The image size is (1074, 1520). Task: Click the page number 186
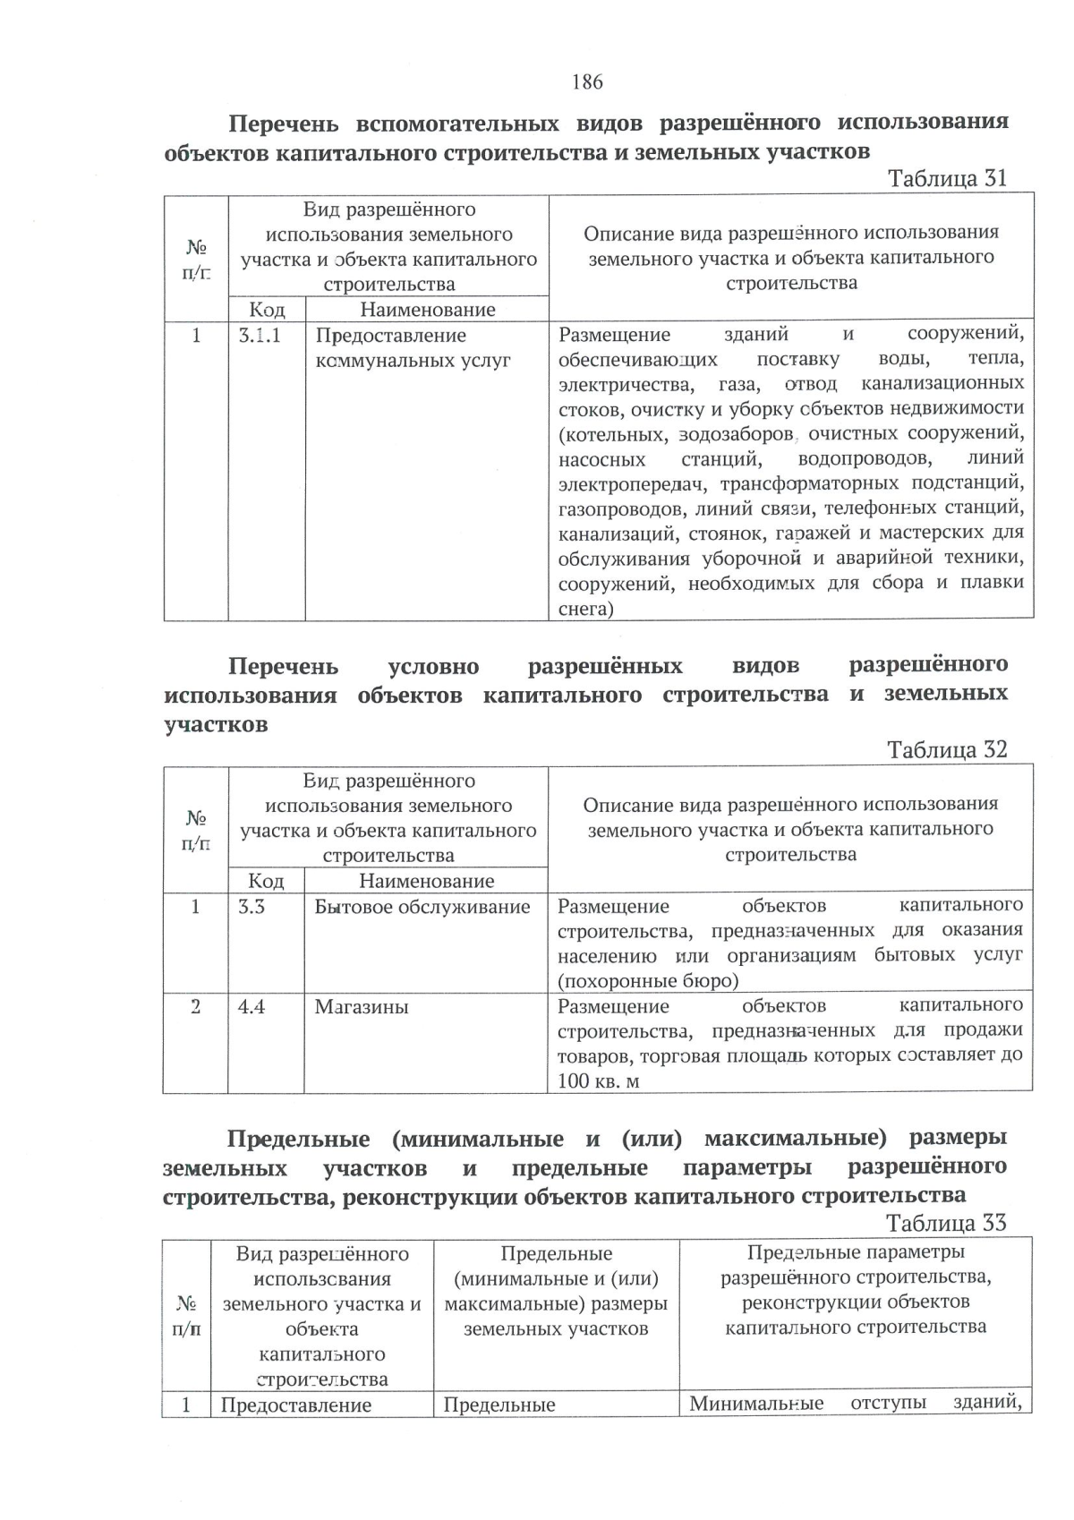587,82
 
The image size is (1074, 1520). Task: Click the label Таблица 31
947,178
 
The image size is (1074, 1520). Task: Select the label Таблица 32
947,749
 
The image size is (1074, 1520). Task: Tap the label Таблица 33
946,1223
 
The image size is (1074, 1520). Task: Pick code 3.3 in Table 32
251,907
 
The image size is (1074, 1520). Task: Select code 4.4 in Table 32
251,1007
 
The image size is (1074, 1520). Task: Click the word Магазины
362,1007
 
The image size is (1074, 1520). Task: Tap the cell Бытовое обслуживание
422,907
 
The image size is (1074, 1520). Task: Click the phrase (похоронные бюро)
648,981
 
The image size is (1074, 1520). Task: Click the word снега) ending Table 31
585,610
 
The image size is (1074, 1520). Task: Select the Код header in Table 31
267,310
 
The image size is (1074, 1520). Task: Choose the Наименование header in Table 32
426,881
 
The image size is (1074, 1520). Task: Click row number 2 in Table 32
195,1007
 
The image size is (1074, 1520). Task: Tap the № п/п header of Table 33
186,1316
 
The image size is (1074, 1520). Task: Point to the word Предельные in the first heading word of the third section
298,1140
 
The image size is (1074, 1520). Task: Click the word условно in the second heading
433,667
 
